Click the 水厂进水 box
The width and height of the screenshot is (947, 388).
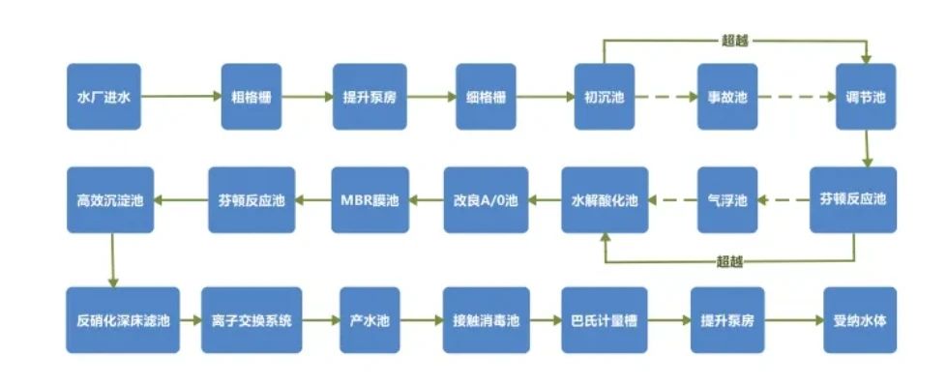pyautogui.click(x=103, y=97)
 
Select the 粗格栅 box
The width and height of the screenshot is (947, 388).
pyautogui.click(x=251, y=97)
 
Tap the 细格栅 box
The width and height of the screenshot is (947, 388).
pyautogui.click(x=487, y=97)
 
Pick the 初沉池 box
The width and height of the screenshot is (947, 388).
pyautogui.click(x=604, y=97)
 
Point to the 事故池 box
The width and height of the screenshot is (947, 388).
pyautogui.click(x=727, y=97)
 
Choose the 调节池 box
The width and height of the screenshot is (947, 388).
pyautogui.click(x=866, y=97)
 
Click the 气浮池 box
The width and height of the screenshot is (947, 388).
pyautogui.click(x=727, y=200)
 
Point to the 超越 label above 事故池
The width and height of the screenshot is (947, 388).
pyautogui.click(x=735, y=42)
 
